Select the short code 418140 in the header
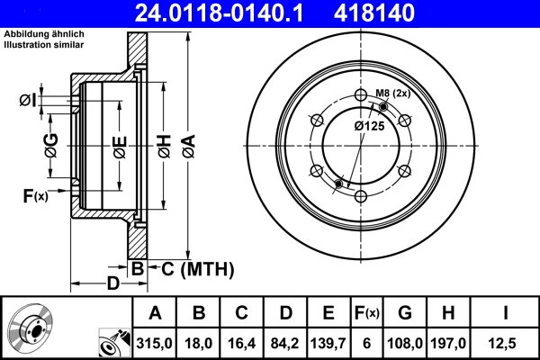pyautogui.click(x=401, y=13)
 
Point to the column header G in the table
pyautogui.click(x=405, y=312)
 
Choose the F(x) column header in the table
pyautogui.click(x=366, y=312)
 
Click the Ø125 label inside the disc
pyautogui.click(x=369, y=126)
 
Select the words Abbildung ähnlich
pyautogui.click(x=44, y=34)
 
